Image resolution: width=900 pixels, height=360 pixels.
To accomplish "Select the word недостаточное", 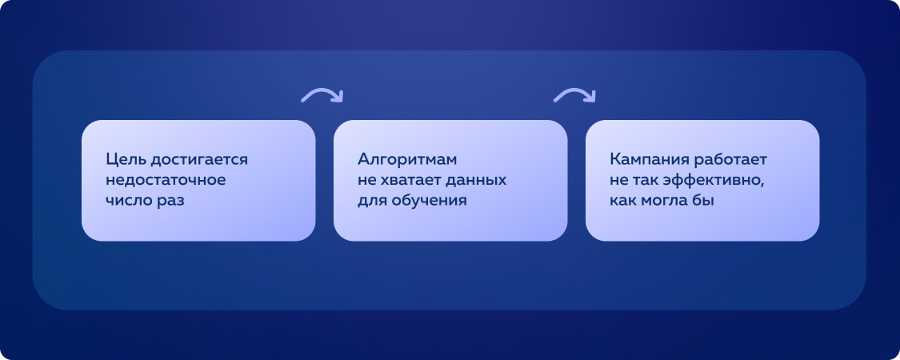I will tap(166, 180).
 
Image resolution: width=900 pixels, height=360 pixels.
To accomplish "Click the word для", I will tap(371, 201).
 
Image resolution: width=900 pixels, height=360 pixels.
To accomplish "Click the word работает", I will tap(731, 160).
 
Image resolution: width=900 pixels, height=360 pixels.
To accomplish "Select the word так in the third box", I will tap(646, 180).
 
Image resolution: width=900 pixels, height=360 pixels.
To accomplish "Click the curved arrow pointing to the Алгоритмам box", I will tap(322, 95).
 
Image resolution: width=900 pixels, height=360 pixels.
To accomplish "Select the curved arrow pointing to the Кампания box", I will tap(574, 95).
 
